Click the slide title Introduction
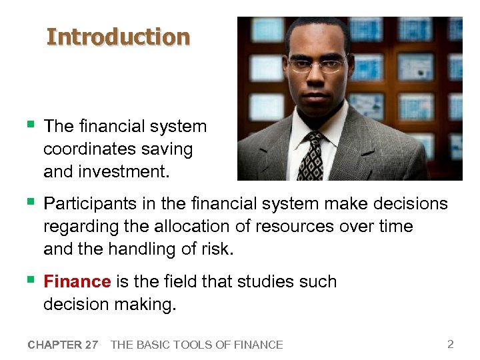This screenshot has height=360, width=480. click(118, 37)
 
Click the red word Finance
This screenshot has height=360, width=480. click(77, 281)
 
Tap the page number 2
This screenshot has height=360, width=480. click(451, 344)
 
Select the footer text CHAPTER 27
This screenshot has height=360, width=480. click(63, 345)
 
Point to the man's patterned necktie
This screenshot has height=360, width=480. click(311, 156)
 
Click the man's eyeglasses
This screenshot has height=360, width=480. click(317, 65)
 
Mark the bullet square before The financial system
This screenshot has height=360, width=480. click(30, 125)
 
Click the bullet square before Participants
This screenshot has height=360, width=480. click(30, 201)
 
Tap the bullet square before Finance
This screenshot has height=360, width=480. click(30, 280)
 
